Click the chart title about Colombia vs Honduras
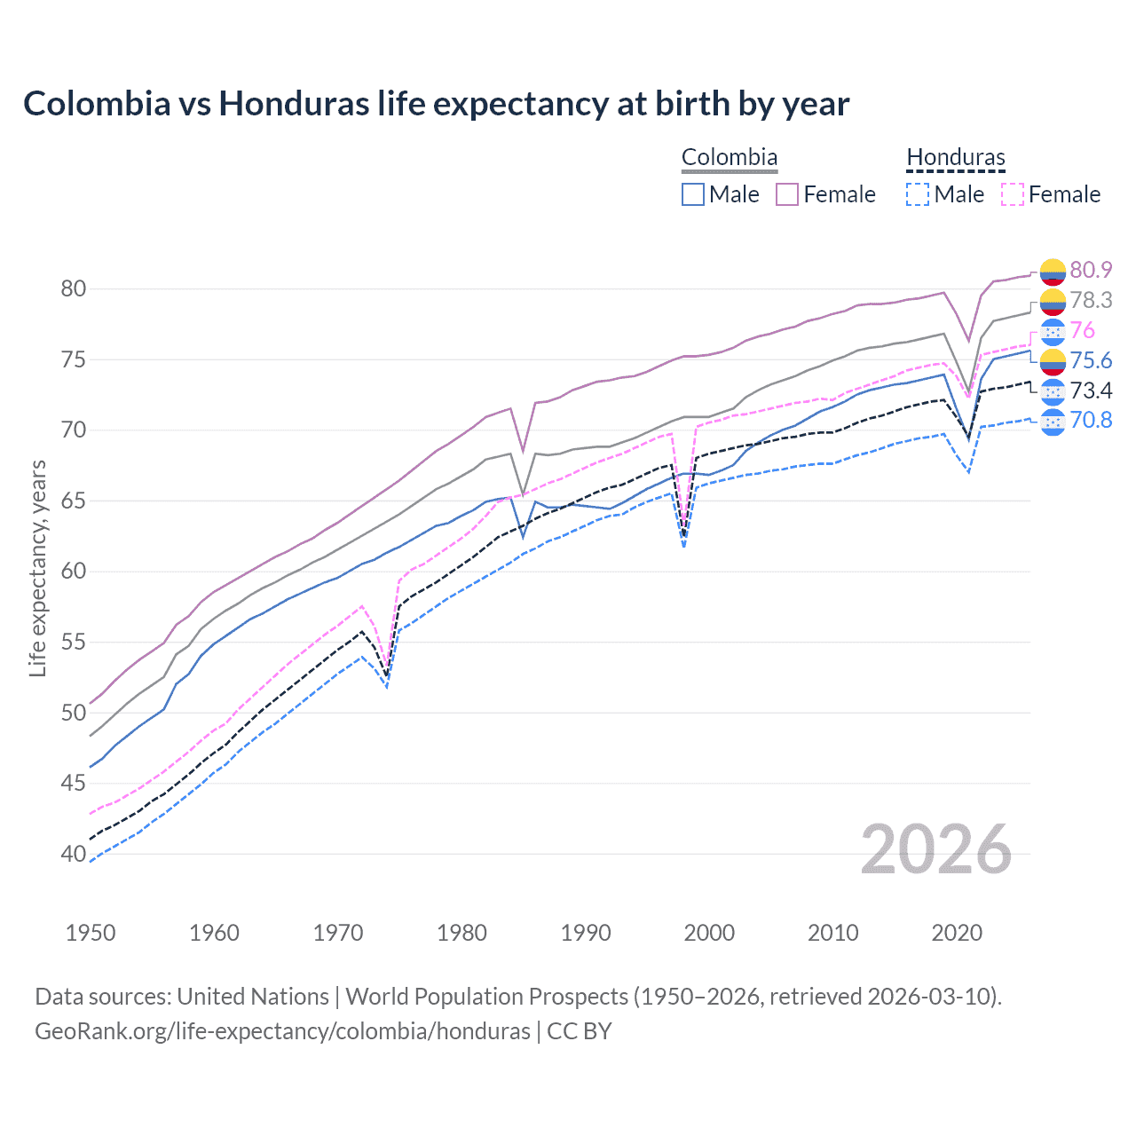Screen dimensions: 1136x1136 [436, 104]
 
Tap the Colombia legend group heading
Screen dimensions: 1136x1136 [729, 158]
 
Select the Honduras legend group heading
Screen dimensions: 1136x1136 [956, 158]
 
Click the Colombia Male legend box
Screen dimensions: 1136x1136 [693, 194]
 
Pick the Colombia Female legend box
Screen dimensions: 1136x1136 [788, 194]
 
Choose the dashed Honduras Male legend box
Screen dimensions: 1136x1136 [918, 194]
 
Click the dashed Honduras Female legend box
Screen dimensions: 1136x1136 [1013, 194]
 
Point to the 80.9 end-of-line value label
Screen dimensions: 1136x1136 [1091, 270]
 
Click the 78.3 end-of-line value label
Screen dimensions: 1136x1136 [1091, 300]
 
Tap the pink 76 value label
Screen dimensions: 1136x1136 [1083, 330]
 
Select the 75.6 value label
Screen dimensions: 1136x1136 [1091, 360]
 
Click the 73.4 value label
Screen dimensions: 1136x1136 [1091, 390]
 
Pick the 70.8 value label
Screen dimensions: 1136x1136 [1091, 420]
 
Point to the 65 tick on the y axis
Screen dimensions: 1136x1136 [74, 501]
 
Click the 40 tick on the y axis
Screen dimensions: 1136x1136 [74, 854]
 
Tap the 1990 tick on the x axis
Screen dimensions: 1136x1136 [586, 933]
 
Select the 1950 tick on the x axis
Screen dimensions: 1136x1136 [91, 933]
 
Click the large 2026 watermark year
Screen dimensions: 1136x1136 [936, 850]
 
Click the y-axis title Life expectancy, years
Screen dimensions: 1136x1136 [37, 568]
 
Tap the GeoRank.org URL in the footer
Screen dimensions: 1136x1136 [282, 1031]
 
